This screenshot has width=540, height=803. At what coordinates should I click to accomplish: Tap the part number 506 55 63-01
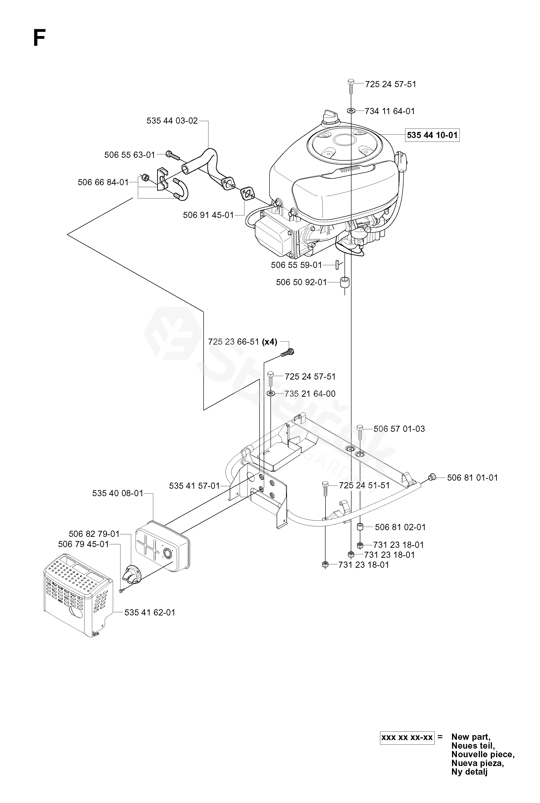(x=130, y=155)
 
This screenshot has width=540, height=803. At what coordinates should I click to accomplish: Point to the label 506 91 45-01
(x=208, y=215)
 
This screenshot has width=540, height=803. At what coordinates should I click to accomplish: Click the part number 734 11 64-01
(x=390, y=111)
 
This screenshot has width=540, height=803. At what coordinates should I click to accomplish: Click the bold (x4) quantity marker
(x=269, y=342)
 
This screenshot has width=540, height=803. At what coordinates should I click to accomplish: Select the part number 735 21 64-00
(x=310, y=394)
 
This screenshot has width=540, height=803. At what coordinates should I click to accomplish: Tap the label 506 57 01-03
(x=399, y=429)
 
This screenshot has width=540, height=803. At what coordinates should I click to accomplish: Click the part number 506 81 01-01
(x=472, y=478)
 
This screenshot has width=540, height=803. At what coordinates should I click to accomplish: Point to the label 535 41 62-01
(x=150, y=612)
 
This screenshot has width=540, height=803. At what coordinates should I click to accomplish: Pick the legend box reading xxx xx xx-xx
(x=407, y=737)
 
